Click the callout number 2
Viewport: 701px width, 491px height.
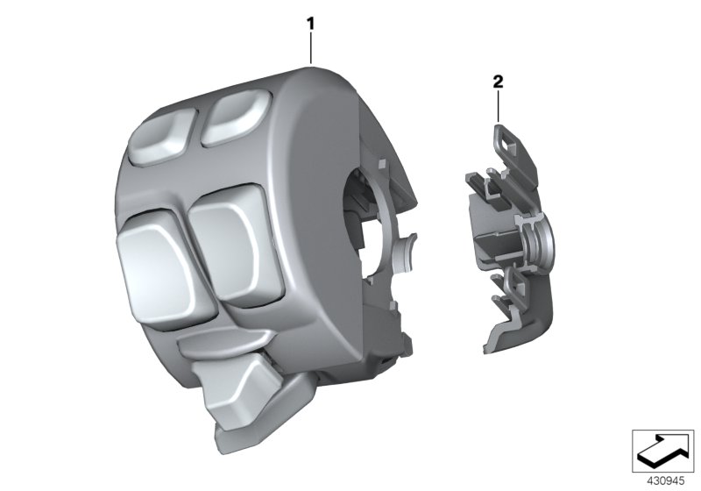coord(498,82)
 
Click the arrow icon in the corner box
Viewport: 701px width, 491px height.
coord(662,450)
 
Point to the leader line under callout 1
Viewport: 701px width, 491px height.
coord(310,49)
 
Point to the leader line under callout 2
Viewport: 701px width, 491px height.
coord(498,107)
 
